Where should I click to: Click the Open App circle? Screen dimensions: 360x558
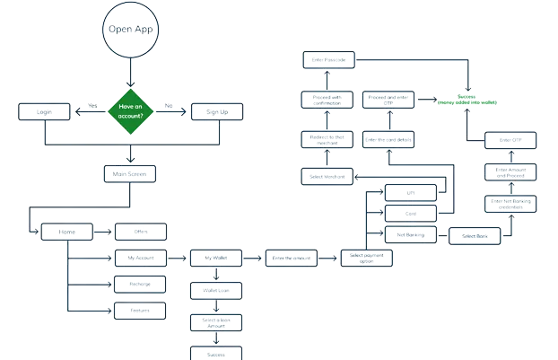[x=131, y=29]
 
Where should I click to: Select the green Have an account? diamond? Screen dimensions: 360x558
[x=131, y=111]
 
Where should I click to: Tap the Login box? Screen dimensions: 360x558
[x=43, y=112]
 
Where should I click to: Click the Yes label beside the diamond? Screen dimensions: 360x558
[x=92, y=105]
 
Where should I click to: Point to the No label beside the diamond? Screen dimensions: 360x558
[x=169, y=105]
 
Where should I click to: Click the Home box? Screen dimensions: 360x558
[x=66, y=233]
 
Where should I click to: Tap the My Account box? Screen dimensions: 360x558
[x=142, y=258]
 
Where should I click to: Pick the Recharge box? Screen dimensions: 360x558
[x=142, y=284]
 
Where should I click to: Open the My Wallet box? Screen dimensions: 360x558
[x=216, y=258]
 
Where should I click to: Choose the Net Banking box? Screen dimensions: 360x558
[x=410, y=235]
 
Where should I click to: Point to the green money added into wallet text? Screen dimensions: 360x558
[x=466, y=101]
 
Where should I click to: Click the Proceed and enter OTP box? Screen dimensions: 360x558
[x=390, y=99]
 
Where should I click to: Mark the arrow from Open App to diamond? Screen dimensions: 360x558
[x=131, y=74]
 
